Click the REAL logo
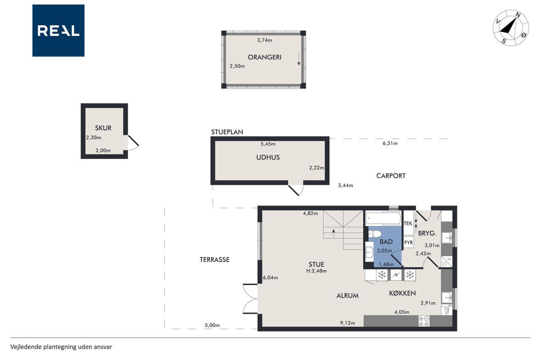coord(58,31)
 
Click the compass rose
coord(510,28)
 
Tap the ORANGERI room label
coord(265,57)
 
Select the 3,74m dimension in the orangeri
coord(265,40)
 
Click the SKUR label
coord(103,128)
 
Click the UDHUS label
coord(268,157)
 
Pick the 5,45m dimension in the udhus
coord(268,144)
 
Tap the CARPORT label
coord(391,176)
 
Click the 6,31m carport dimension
coord(390,143)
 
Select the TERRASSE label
coord(215,260)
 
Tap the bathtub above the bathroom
coord(383,218)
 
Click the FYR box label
coord(408,243)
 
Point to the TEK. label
coord(408,224)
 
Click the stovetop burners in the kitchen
coord(424,321)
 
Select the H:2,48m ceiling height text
coord(316,271)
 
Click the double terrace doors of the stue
coord(251,299)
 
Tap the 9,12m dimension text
coord(347,323)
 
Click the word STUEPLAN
coord(227,132)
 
